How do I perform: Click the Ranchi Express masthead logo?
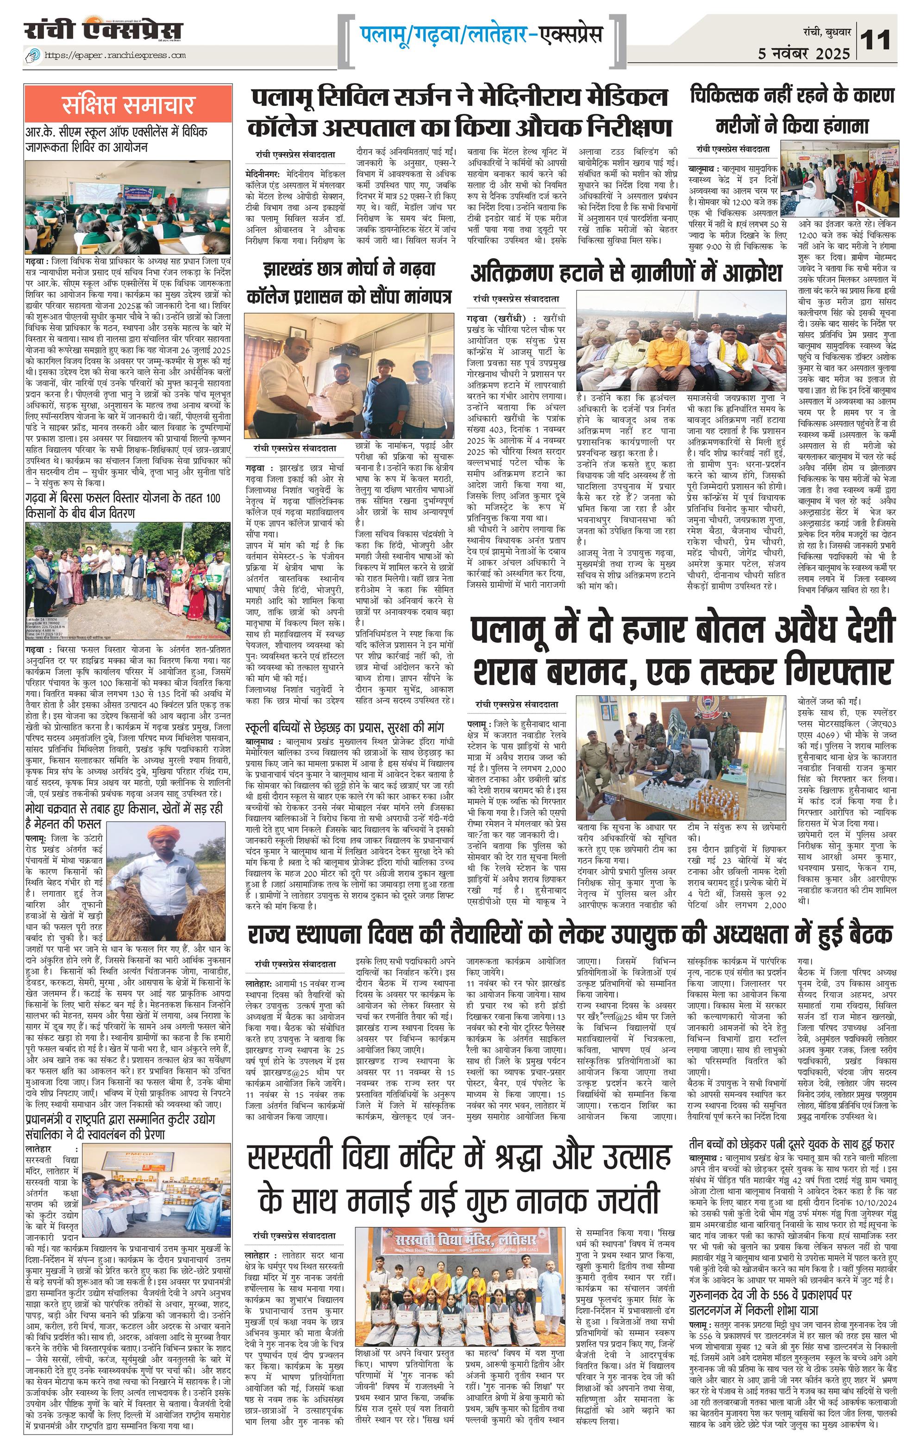(x=104, y=30)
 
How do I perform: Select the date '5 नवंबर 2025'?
(x=804, y=54)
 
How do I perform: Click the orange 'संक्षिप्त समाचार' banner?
(x=128, y=105)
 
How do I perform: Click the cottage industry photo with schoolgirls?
(x=155, y=1177)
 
